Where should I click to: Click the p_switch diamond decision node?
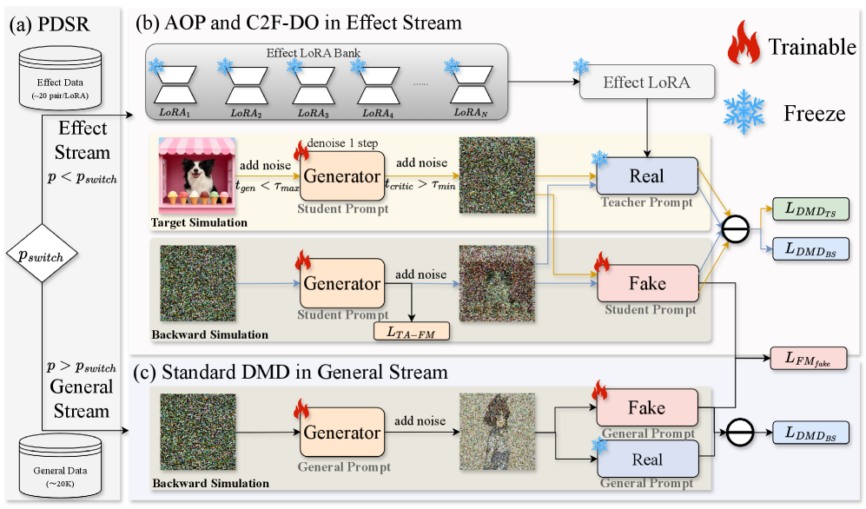42,254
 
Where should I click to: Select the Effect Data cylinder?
60,76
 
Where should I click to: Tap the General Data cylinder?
60,466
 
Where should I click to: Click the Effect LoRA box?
647,83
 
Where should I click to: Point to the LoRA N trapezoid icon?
471,85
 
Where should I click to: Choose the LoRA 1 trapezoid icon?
175,85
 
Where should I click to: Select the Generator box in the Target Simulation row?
342,176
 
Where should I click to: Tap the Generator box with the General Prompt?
342,433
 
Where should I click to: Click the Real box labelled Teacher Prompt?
647,176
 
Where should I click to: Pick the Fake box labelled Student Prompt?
647,283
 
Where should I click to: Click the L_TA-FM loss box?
412,332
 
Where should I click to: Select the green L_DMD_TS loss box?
810,208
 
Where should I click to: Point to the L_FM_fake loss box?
809,358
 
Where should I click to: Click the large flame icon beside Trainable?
744,43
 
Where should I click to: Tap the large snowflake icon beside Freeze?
744,111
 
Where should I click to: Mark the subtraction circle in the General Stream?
740,433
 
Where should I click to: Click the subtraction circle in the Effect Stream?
736,229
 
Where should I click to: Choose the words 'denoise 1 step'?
342,143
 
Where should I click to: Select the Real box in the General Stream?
647,459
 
